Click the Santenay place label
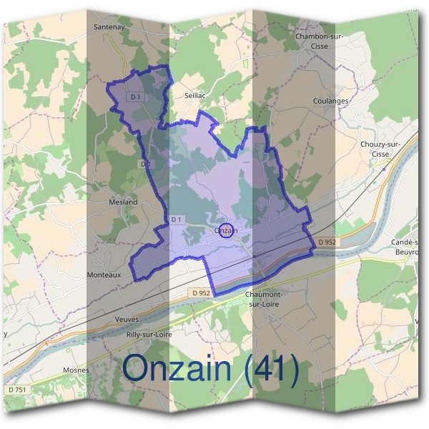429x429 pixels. [110, 26]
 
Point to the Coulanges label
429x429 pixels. [330, 101]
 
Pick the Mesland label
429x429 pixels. [123, 202]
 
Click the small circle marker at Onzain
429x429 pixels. [227, 230]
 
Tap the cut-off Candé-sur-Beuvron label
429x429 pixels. [406, 247]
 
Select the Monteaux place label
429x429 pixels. [104, 275]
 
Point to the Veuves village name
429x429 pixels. [127, 319]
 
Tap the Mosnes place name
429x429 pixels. [77, 370]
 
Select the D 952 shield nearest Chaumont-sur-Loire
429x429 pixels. [201, 292]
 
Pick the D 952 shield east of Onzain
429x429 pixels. [326, 242]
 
